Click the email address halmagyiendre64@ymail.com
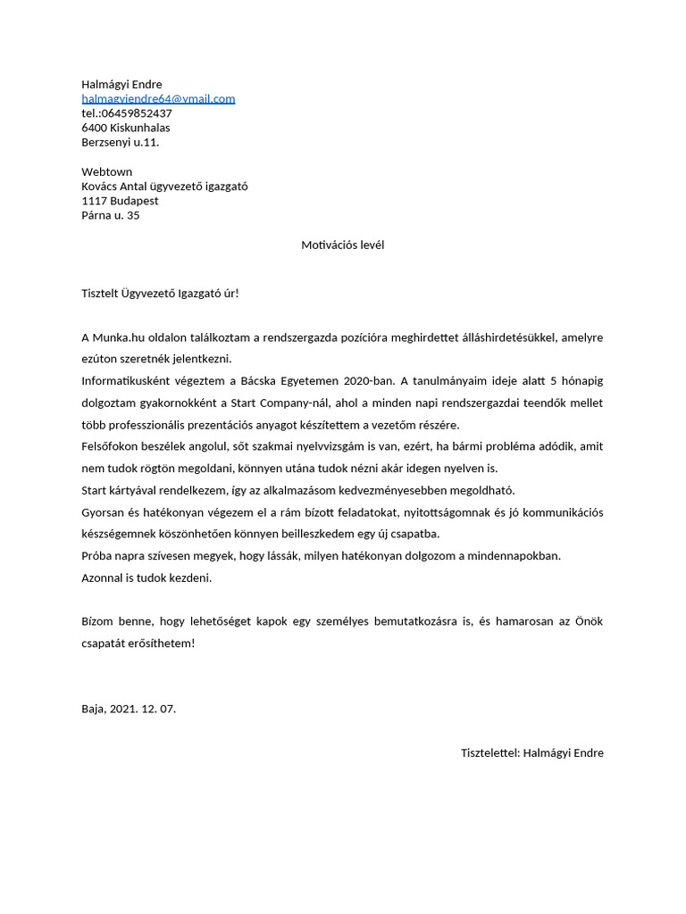click(158, 99)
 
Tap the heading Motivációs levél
click(343, 245)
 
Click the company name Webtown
click(107, 171)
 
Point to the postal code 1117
click(95, 201)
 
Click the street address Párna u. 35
click(111, 215)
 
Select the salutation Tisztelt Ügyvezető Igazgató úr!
click(161, 293)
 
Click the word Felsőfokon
click(110, 446)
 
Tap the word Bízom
click(98, 621)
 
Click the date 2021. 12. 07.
click(143, 709)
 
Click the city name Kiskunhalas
click(140, 128)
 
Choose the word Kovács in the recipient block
click(101, 187)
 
